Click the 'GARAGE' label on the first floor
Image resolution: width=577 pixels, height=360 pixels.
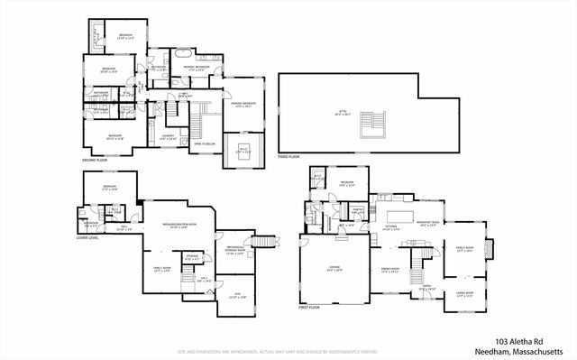tap(335, 268)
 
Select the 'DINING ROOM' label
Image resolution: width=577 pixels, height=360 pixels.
tap(389, 270)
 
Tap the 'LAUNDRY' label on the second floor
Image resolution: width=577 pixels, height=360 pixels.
tap(168, 136)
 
